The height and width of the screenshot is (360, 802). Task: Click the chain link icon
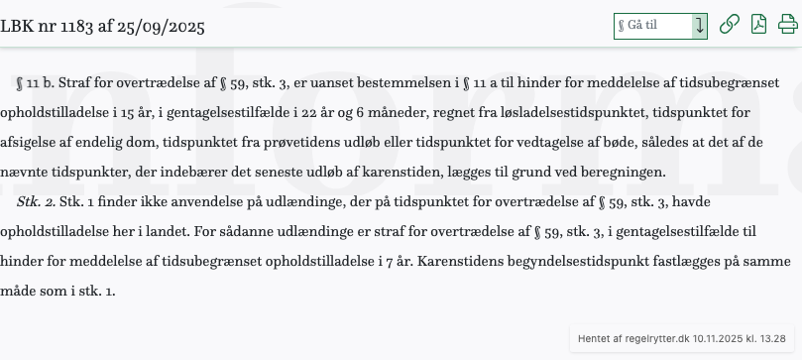pos(729,25)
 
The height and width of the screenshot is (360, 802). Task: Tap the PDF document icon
pos(758,25)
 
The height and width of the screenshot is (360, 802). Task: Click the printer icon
pos(787,25)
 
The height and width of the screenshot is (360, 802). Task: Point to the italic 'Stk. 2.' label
pos(37,201)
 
